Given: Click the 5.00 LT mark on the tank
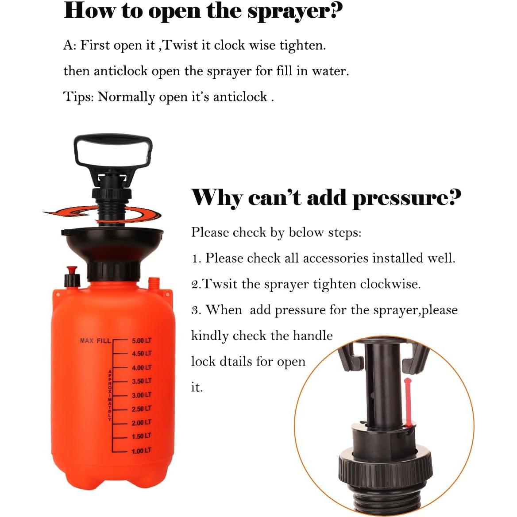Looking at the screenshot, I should (141, 340).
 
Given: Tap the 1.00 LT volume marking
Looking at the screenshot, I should (141, 451).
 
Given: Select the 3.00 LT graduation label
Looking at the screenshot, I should (141, 395).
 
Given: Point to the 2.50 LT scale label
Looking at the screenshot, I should (141, 409).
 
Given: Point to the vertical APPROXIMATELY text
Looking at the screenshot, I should (109, 395).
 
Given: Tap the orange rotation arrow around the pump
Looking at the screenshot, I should (102, 214).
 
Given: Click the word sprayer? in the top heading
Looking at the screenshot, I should (295, 11).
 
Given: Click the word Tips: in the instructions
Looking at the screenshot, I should (78, 97).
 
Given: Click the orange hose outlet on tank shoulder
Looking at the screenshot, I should (154, 283).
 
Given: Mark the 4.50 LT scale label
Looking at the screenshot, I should (141, 354).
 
